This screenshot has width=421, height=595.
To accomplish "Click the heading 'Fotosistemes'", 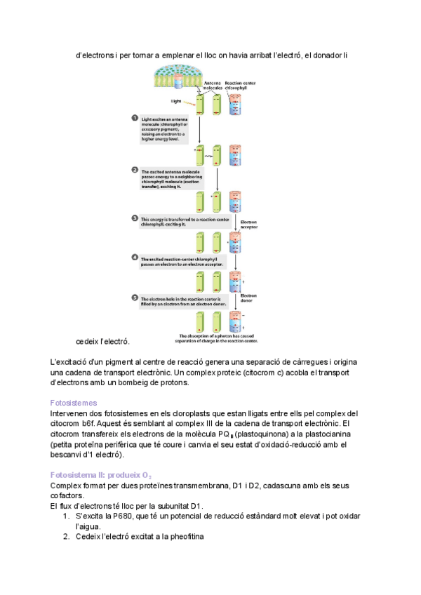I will pos(74,403).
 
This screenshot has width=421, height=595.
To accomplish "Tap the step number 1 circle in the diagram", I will pos(135,118).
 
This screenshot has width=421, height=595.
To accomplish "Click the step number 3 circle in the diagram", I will pos(135,218).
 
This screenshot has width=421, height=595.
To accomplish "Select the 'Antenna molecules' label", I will pos(212,86).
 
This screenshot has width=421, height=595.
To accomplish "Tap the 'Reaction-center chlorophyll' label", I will pos(241,86).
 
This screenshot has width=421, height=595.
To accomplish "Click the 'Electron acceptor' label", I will pos(249,225).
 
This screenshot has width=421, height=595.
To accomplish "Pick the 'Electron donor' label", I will pos(249,298).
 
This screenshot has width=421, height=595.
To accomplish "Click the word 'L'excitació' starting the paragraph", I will pos(69,361).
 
